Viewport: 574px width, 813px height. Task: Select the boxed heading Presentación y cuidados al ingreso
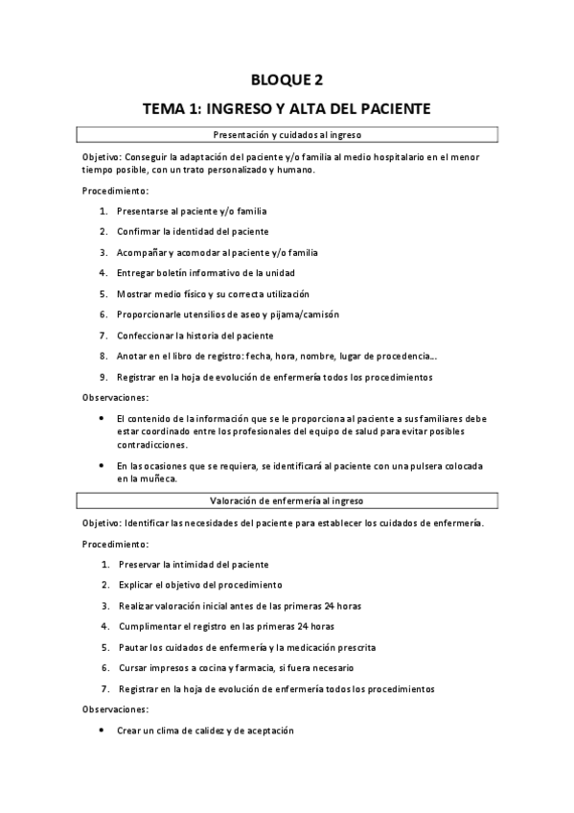point(287,135)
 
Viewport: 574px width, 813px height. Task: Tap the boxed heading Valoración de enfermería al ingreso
point(287,500)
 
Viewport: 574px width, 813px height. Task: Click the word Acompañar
point(143,252)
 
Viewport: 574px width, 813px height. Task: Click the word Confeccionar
point(148,336)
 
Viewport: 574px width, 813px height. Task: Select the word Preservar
point(143,565)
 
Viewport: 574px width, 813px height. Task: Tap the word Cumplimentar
point(151,626)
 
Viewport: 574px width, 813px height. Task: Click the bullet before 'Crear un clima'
point(103,731)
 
